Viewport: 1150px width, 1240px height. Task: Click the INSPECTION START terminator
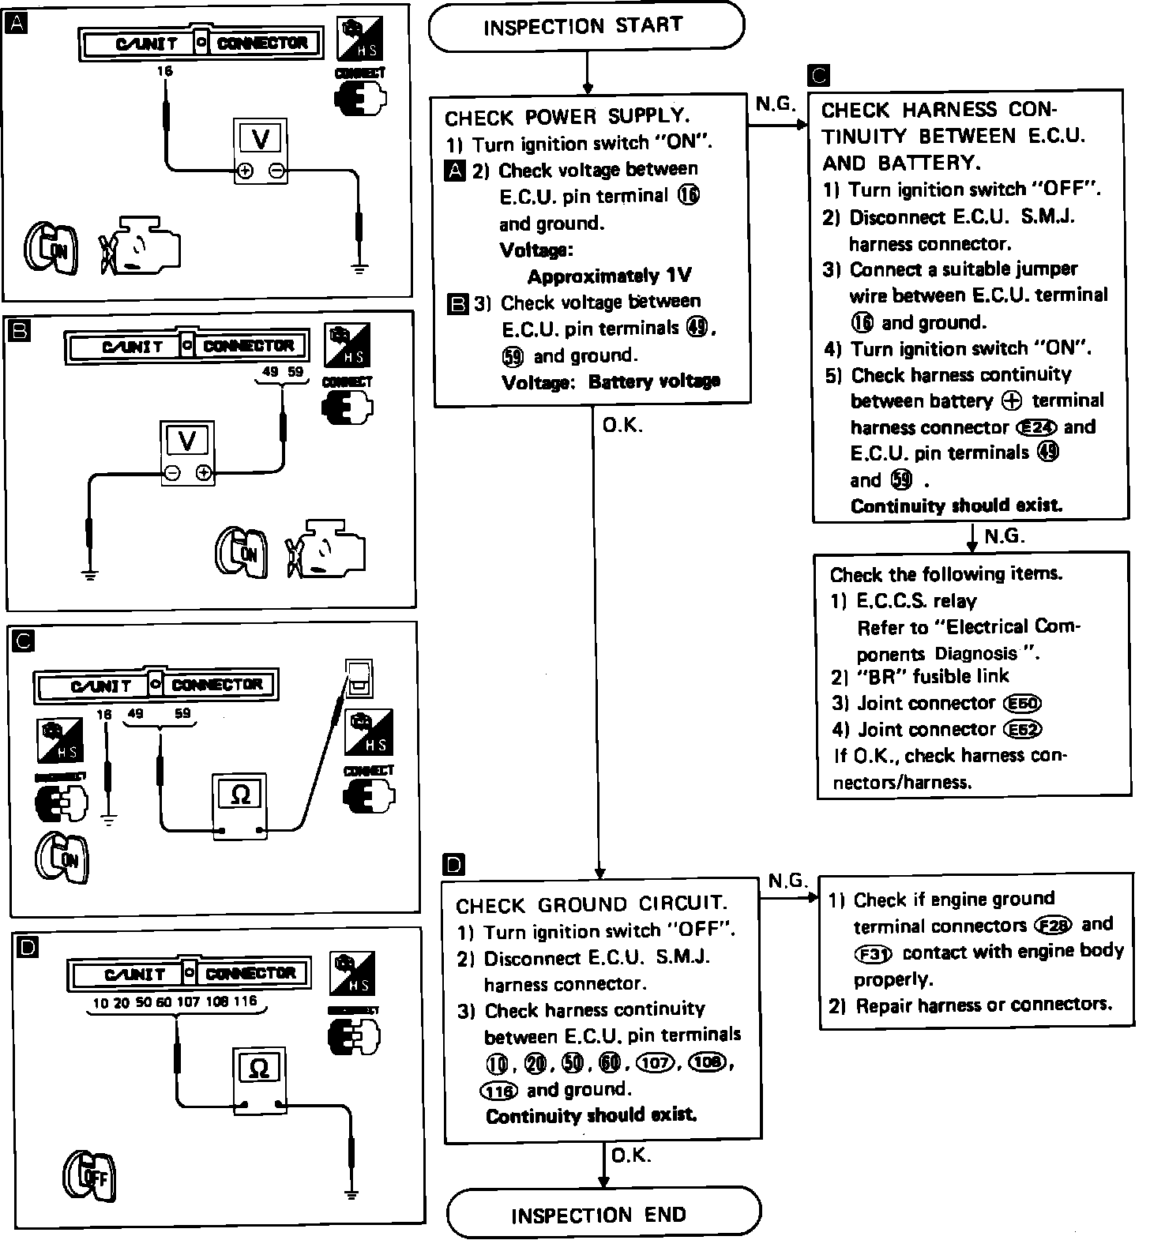point(585,27)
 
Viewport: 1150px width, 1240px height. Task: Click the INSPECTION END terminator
point(603,1214)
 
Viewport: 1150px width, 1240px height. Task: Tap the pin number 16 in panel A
point(164,71)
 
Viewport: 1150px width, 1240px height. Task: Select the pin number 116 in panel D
point(245,1001)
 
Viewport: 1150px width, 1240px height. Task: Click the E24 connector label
point(1033,427)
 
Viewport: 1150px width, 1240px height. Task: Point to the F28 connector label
point(1052,925)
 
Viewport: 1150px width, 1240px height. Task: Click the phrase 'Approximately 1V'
point(608,276)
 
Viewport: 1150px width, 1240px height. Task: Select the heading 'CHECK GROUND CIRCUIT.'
point(592,904)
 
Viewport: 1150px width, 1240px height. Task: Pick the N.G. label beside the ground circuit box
point(787,881)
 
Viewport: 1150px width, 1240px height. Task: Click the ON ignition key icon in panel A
point(52,250)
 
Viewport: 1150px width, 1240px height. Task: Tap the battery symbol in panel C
point(359,678)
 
